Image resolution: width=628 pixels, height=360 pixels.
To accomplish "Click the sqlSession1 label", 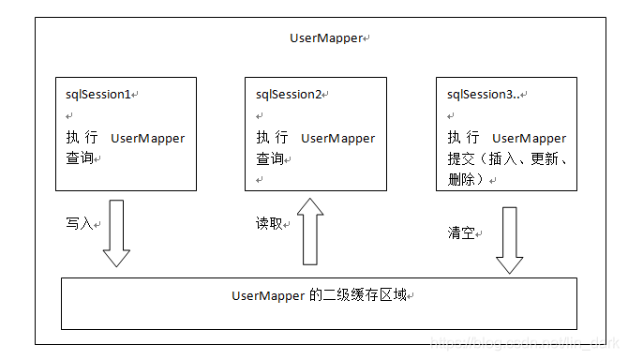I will click(x=97, y=95).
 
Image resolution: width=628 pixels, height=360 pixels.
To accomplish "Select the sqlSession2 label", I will click(x=288, y=95).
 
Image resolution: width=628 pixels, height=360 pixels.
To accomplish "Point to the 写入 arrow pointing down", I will click(x=116, y=233).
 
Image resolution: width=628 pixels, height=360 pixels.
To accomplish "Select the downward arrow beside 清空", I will click(x=508, y=239).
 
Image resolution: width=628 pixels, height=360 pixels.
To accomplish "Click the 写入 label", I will click(x=79, y=225).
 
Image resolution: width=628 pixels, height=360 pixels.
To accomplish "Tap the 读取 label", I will click(x=269, y=224).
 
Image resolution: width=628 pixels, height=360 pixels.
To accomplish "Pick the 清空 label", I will click(x=460, y=232).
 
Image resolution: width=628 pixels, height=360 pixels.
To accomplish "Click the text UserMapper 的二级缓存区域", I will click(x=319, y=295).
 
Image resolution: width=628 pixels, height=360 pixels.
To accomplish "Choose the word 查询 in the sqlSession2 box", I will click(x=270, y=158).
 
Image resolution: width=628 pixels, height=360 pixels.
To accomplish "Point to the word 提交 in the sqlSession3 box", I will click(x=460, y=158).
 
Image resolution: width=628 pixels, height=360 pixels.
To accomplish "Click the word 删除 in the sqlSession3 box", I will click(x=461, y=178).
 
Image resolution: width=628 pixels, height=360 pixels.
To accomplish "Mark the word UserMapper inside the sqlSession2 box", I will click(x=337, y=138).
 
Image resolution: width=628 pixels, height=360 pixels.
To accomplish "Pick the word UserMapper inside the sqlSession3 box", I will click(x=529, y=138).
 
